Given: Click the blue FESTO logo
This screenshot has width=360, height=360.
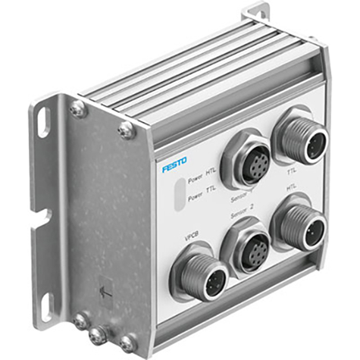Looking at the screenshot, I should click(x=176, y=165).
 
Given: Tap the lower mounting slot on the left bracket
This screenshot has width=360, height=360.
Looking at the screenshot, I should click(x=44, y=304).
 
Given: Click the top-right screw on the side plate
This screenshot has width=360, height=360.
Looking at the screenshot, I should click(x=126, y=131).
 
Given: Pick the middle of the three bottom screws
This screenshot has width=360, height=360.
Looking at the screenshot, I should click(x=96, y=334).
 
